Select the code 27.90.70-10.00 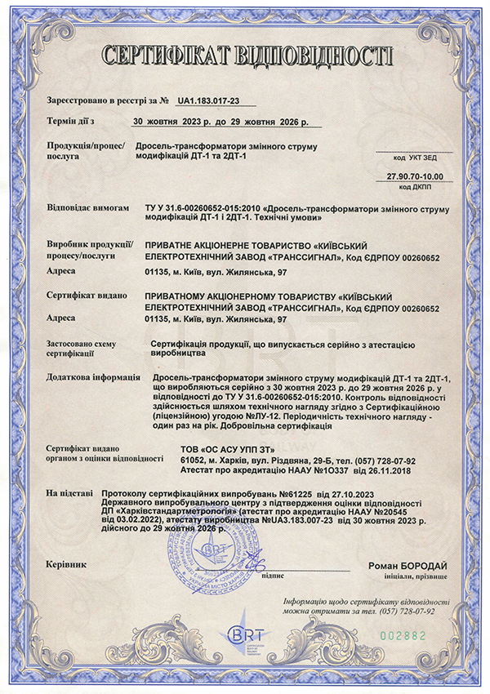tap(414, 176)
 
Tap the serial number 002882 tap(404, 634)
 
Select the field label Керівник tap(65, 564)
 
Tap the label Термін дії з tap(71, 122)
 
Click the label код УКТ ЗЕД tap(415, 156)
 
